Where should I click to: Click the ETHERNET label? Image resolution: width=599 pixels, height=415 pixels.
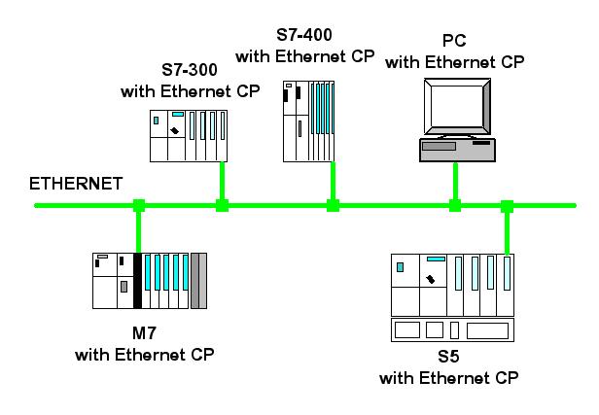pyautogui.click(x=76, y=184)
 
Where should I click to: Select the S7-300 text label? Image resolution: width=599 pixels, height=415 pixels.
pyautogui.click(x=190, y=70)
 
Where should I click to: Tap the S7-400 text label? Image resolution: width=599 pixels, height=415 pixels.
pyautogui.click(x=304, y=35)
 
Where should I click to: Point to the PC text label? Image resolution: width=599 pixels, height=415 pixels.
pyautogui.click(x=454, y=41)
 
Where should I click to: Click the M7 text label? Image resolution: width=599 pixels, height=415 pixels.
pyautogui.click(x=144, y=333)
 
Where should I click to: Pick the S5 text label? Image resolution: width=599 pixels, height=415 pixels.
pyautogui.click(x=448, y=357)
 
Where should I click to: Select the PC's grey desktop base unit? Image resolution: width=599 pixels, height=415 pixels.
pyautogui.click(x=457, y=150)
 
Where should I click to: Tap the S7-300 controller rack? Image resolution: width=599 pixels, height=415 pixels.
pyautogui.click(x=189, y=136)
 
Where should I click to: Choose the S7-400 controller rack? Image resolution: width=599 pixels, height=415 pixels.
pyautogui.click(x=308, y=121)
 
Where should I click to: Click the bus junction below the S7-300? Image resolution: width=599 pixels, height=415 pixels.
pyautogui.click(x=222, y=205)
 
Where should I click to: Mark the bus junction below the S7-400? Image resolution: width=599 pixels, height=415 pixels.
pyautogui.click(x=333, y=205)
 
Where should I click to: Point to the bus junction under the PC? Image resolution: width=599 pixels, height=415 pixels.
pyautogui.click(x=455, y=205)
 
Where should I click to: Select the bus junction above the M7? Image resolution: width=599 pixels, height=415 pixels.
pyautogui.click(x=139, y=205)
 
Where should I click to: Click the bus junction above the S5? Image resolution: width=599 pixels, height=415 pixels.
pyautogui.click(x=507, y=206)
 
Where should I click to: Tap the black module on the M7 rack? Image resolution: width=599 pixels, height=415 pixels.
pyautogui.click(x=137, y=281)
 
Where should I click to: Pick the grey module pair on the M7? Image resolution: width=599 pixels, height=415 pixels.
pyautogui.click(x=198, y=281)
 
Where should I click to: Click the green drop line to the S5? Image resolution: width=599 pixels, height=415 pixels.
pyautogui.click(x=507, y=233)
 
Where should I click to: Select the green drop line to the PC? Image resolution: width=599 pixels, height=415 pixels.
pyautogui.click(x=455, y=181)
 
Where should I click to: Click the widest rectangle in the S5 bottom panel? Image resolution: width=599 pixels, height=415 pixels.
pyautogui.click(x=487, y=330)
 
